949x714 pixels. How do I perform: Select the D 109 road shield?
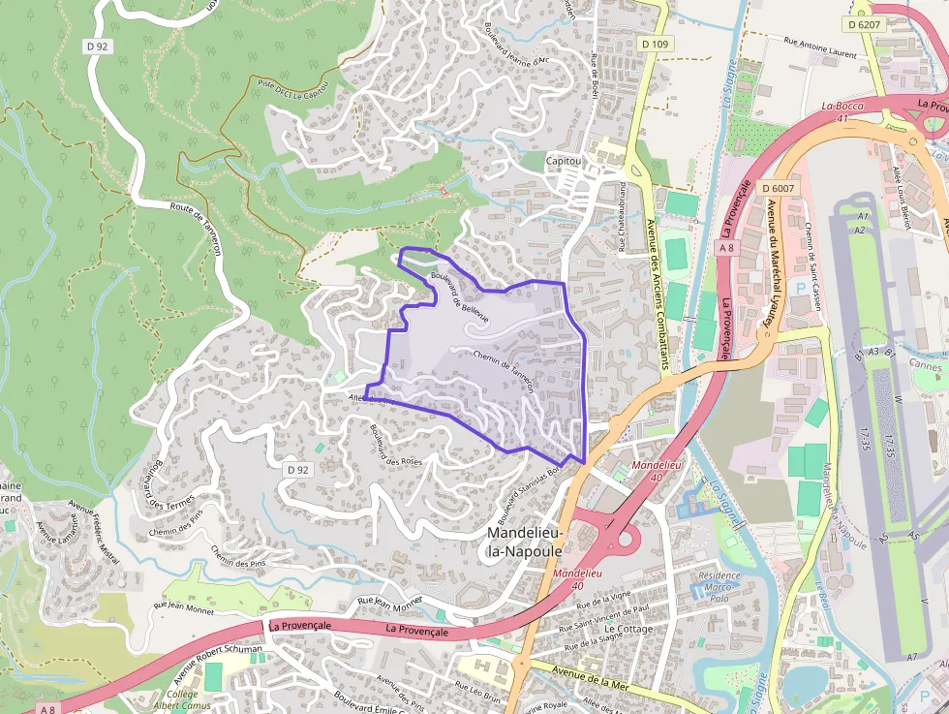point(655,44)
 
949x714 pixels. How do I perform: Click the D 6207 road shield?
point(864,24)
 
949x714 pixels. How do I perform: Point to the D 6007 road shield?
point(778,188)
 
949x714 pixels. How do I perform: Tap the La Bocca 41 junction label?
point(841,110)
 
